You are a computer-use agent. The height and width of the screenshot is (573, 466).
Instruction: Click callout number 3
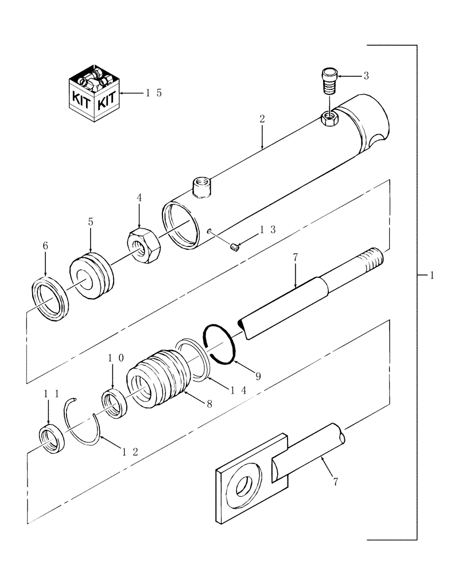click(x=365, y=76)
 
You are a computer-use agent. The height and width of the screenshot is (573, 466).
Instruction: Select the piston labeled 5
click(x=92, y=276)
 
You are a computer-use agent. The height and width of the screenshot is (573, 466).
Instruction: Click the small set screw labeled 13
click(x=234, y=247)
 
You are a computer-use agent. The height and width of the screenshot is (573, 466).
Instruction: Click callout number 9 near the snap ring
click(x=258, y=376)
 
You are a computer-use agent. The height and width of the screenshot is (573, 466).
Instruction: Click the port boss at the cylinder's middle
click(x=201, y=187)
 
